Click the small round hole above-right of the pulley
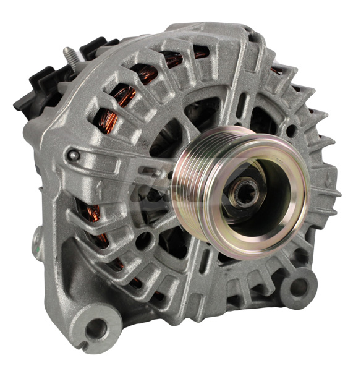point(290,131)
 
